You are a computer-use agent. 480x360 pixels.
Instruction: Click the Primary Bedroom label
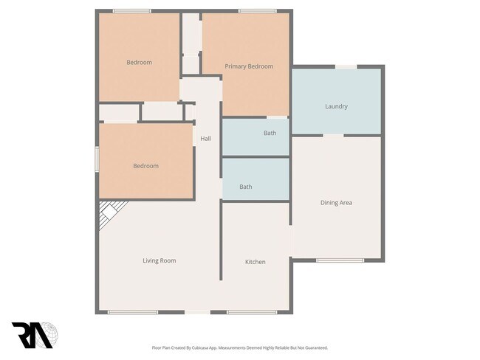click(x=249, y=66)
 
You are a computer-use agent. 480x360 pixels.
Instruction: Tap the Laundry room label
click(x=336, y=106)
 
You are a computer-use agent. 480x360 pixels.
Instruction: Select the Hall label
click(x=206, y=138)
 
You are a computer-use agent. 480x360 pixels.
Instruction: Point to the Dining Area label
click(x=336, y=202)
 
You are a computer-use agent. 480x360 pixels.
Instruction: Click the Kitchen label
click(x=256, y=262)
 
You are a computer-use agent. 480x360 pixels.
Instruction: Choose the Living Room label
click(x=159, y=260)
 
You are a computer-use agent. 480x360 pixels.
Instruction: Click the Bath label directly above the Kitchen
click(x=246, y=187)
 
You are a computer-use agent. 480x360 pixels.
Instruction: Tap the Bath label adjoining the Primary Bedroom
click(x=270, y=134)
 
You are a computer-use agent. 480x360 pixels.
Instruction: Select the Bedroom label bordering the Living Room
click(x=145, y=166)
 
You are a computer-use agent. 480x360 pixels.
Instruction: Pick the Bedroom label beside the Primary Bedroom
click(x=139, y=63)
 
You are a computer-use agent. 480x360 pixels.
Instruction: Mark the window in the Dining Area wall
click(x=340, y=260)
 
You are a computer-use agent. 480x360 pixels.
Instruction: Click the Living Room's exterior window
click(x=132, y=312)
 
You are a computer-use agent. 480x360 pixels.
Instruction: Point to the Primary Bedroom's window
click(x=257, y=10)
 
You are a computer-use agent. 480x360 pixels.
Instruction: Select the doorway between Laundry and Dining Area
click(x=334, y=136)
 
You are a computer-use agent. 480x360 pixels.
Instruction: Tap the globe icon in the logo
click(x=49, y=334)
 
